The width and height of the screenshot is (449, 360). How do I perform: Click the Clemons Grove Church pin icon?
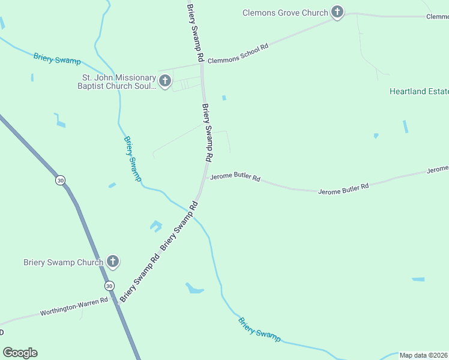(337, 12)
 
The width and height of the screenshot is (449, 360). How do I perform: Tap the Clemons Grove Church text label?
(285, 13)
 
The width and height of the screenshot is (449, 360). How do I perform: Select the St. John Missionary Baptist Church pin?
(165, 80)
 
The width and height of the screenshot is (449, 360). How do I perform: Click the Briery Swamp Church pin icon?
(113, 262)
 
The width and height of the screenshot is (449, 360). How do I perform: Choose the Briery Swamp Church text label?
(64, 262)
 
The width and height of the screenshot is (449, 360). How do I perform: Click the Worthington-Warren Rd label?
(74, 306)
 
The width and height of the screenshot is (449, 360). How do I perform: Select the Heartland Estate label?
(419, 92)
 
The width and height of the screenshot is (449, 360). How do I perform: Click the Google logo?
(20, 353)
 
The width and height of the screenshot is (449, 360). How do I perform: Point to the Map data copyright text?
(424, 355)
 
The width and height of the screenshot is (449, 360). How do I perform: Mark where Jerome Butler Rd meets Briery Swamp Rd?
(205, 178)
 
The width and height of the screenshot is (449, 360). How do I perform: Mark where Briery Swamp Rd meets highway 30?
(118, 304)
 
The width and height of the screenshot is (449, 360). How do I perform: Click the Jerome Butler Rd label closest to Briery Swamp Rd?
(235, 178)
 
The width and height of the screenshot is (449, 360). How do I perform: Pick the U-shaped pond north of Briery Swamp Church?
(156, 226)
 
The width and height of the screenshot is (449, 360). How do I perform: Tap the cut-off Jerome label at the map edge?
(438, 170)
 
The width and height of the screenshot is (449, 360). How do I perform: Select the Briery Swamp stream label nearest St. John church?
(56, 58)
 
